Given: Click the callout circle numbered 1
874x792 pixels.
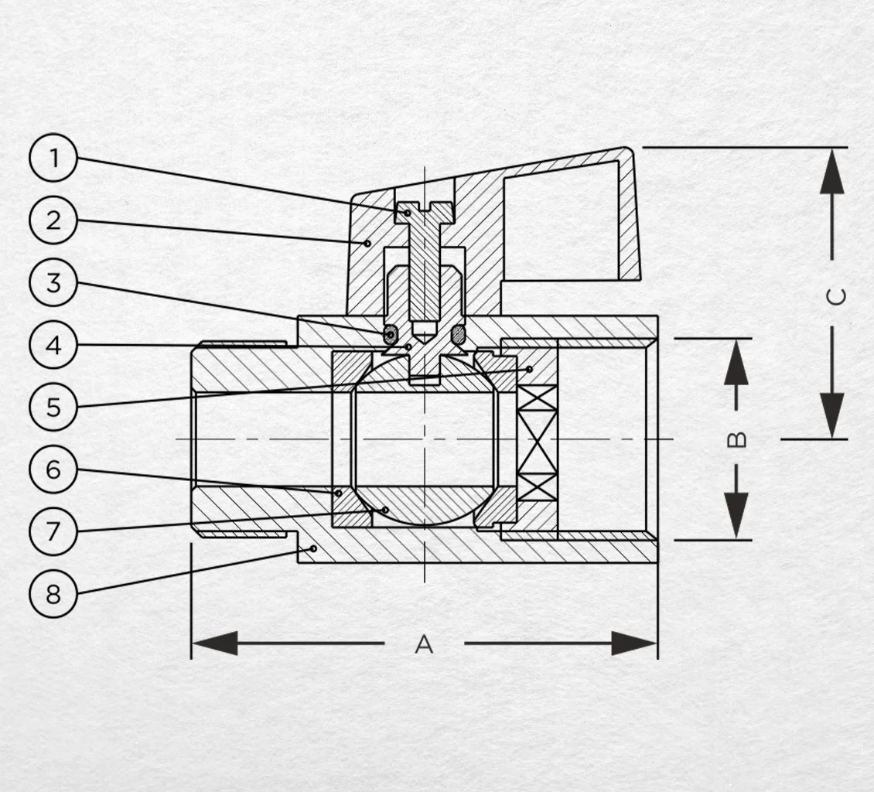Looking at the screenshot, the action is pyautogui.click(x=53, y=158).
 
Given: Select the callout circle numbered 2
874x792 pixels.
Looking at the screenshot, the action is pyautogui.click(x=53, y=220).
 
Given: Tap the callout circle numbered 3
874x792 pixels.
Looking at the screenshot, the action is pyautogui.click(x=53, y=282).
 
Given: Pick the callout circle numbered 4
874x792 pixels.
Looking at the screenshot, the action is pyautogui.click(x=53, y=345).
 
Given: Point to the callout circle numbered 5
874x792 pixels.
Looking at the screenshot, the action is pyautogui.click(x=53, y=407).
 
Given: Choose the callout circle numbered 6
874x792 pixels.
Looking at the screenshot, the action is pyautogui.click(x=53, y=469).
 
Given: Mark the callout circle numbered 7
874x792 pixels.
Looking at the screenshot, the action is pyautogui.click(x=53, y=531).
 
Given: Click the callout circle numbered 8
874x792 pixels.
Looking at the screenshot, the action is pyautogui.click(x=53, y=593).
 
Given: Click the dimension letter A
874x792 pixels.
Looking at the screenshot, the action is pyautogui.click(x=424, y=643).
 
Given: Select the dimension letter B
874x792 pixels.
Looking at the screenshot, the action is pyautogui.click(x=737, y=439).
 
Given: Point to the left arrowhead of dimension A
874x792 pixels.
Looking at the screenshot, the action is pyautogui.click(x=214, y=643).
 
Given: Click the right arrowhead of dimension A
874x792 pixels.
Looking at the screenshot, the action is pyautogui.click(x=634, y=643).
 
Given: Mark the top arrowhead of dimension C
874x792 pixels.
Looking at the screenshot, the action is pyautogui.click(x=832, y=171).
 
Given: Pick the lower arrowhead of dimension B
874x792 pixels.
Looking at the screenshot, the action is pyautogui.click(x=737, y=517).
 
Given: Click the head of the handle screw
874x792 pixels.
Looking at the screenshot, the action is pyautogui.click(x=425, y=213).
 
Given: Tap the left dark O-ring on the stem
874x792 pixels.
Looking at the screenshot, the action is pyautogui.click(x=390, y=334).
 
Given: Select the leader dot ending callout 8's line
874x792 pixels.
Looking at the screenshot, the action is pyautogui.click(x=314, y=549).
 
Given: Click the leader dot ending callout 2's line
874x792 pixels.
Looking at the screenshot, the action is pyautogui.click(x=367, y=243).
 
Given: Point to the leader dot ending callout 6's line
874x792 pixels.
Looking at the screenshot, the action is pyautogui.click(x=338, y=493).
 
